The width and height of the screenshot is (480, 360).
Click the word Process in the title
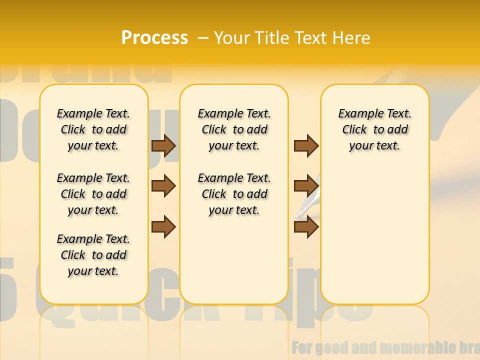154,38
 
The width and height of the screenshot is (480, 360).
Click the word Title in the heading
273,38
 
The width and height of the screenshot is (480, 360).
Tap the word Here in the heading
351,38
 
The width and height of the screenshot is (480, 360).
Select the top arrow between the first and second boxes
163,145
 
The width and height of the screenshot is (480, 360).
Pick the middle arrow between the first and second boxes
163,186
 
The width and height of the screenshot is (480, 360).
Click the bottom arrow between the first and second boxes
163,227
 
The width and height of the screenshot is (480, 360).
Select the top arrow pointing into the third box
306,145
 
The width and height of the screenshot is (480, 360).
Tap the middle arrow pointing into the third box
306,186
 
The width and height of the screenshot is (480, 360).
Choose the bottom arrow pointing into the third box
306,227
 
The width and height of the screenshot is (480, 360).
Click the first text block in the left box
93,129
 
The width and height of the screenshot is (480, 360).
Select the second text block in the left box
93,194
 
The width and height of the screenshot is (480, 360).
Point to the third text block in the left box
93,255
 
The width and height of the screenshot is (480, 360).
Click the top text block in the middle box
234,129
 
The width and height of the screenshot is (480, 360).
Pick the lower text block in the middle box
234,194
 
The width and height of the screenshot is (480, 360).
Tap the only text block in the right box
374,129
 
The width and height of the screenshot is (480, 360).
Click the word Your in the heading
232,38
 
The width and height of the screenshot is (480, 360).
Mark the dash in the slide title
203,38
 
